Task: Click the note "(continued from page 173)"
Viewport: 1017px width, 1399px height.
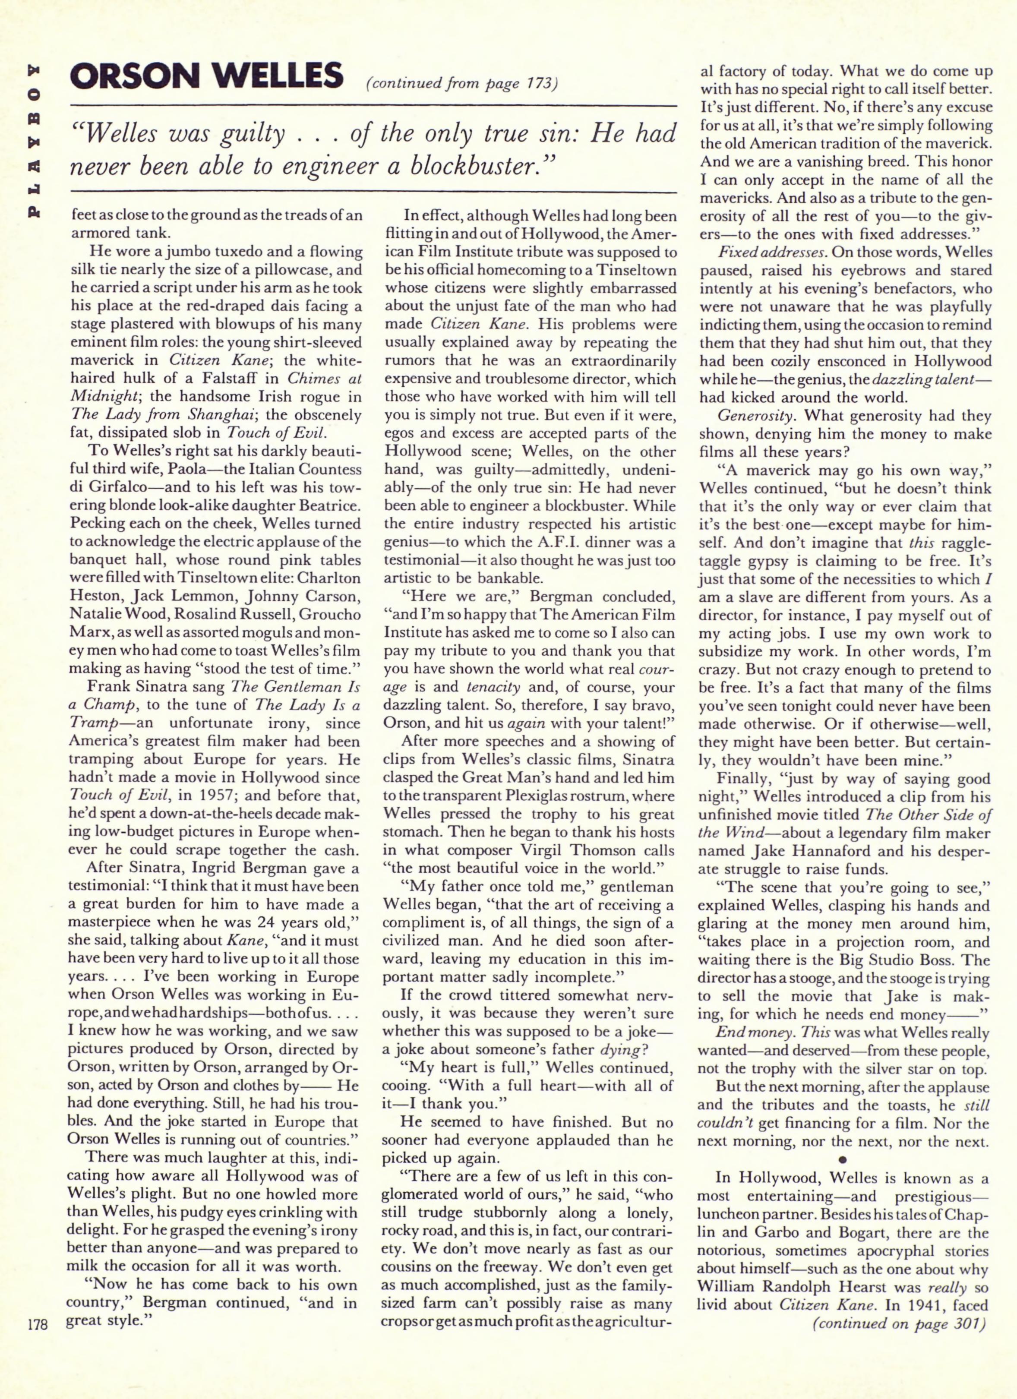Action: click(462, 83)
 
